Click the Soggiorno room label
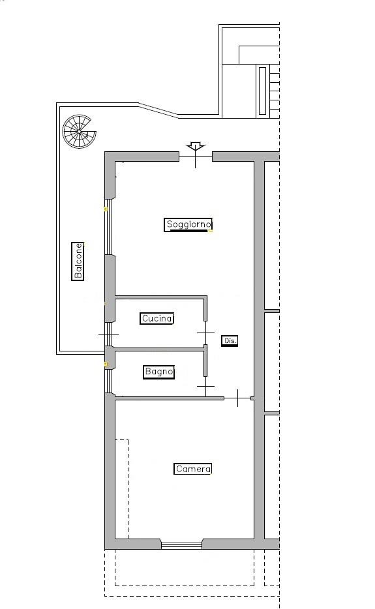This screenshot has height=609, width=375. pos(188,224)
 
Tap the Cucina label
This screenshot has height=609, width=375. pos(157,318)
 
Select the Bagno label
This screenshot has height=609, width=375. pos(158,372)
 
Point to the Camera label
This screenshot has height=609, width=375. pos(193,469)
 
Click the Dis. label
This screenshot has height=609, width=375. pos(230,340)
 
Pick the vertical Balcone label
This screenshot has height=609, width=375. pos(78,261)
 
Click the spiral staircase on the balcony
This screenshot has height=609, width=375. pos(80,131)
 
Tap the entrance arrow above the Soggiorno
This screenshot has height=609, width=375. pos(195,147)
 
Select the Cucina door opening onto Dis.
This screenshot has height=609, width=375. pos(205,333)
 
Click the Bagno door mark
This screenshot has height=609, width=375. pos(205,387)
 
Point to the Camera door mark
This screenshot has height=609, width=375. pos(238,398)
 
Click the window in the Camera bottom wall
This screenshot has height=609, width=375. pos(181,545)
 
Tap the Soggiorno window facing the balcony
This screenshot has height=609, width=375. pos(109,227)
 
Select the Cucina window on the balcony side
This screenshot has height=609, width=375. pos(109,334)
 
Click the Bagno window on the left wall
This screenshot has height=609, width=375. pos(109,381)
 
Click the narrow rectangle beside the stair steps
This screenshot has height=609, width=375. pos(262,91)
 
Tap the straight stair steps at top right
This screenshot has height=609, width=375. pos(275,91)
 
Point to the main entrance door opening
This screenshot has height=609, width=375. pos(196,156)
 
